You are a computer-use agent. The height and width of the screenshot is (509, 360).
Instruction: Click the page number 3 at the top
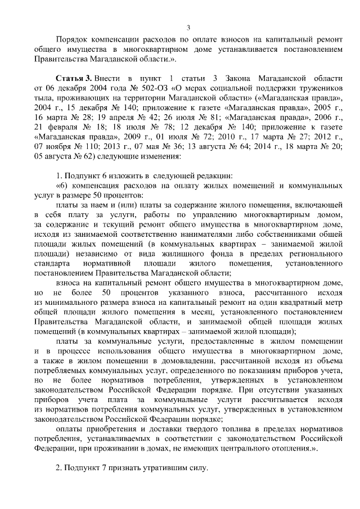click(188, 29)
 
